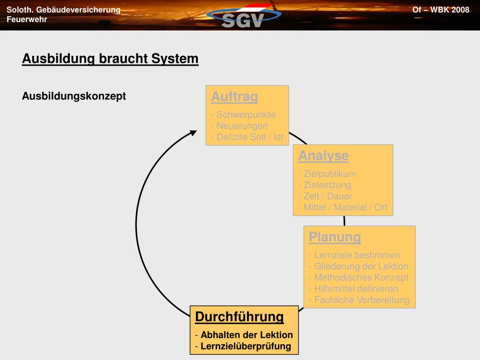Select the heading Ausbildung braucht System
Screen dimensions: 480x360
tap(110, 59)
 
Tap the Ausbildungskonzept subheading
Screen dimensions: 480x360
tap(74, 96)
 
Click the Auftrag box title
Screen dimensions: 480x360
tap(234, 97)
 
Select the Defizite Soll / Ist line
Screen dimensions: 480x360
tap(247, 137)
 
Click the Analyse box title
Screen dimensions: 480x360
tap(323, 156)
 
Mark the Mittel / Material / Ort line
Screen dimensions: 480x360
tap(343, 208)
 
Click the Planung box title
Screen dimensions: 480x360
tap(335, 237)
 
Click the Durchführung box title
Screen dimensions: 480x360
tap(240, 317)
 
